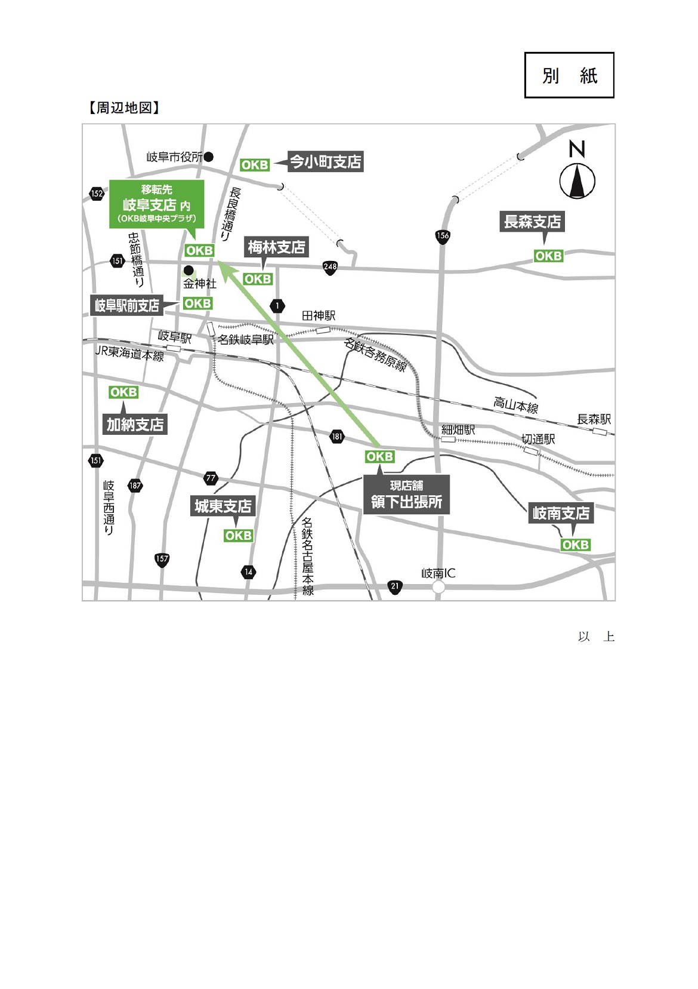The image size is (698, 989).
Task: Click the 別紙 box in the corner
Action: [x=569, y=75]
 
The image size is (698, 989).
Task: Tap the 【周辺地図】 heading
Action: [x=124, y=107]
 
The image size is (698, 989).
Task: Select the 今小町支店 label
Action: [x=326, y=162]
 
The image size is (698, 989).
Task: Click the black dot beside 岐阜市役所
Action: [x=209, y=156]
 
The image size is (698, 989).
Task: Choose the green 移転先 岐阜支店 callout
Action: [x=156, y=204]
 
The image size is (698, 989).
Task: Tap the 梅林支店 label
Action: [x=276, y=247]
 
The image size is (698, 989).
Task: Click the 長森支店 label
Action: [x=532, y=222]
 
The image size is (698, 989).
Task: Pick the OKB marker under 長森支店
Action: [x=548, y=256]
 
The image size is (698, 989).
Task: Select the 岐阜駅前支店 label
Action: [x=127, y=305]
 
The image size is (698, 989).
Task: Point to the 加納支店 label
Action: [x=135, y=424]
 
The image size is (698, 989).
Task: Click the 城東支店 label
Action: [x=223, y=506]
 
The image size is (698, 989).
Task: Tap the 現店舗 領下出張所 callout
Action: [x=406, y=494]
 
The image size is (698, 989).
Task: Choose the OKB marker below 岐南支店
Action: [x=576, y=545]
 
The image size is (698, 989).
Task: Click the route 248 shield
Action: [x=331, y=267]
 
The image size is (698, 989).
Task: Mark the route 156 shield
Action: [x=442, y=236]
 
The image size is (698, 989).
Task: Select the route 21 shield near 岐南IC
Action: [x=394, y=587]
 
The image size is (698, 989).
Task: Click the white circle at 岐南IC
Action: [x=438, y=587]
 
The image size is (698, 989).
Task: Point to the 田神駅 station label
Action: [x=319, y=316]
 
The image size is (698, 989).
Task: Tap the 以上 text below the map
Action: [x=596, y=636]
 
